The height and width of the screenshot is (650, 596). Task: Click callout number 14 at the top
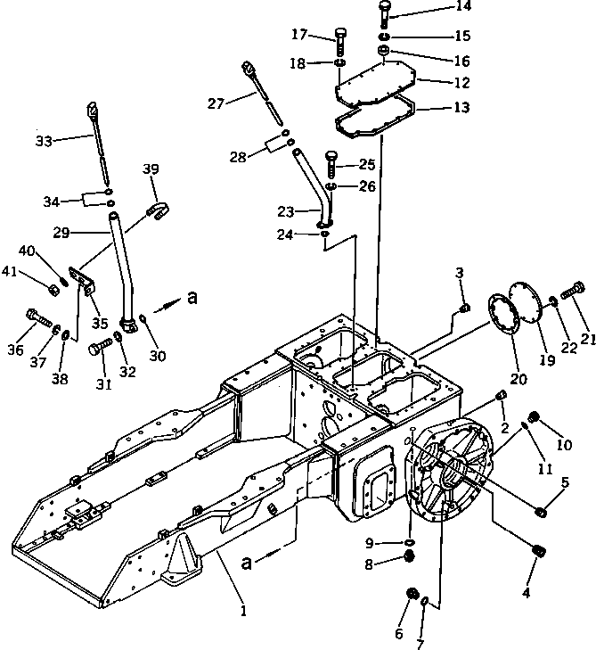(x=463, y=6)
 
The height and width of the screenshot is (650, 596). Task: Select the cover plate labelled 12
(x=375, y=82)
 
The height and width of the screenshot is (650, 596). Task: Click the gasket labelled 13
(x=375, y=116)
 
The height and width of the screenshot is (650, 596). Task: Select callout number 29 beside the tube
(x=61, y=233)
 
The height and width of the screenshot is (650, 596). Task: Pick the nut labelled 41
(x=53, y=290)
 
